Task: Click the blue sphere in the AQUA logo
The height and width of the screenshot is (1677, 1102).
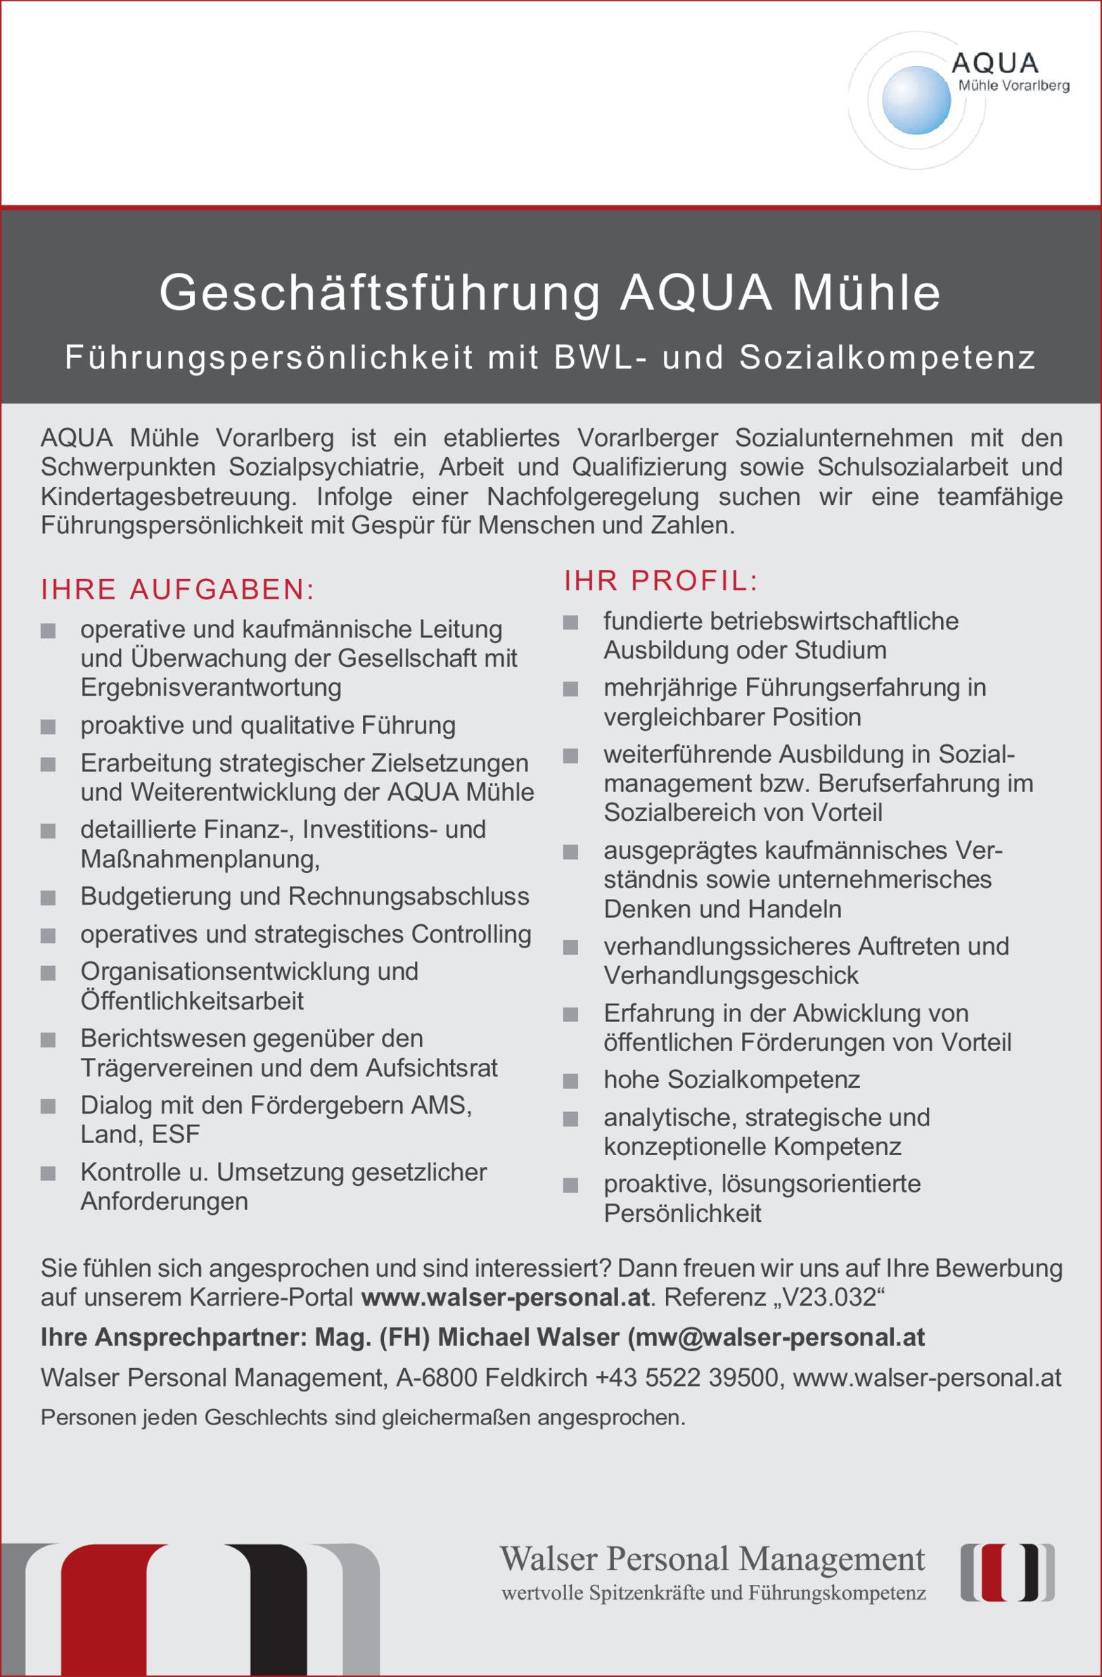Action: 915,100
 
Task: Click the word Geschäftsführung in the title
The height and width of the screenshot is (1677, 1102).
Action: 380,293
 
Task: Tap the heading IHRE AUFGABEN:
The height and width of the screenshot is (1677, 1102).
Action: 177,589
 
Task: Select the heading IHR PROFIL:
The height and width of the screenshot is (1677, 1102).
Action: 661,581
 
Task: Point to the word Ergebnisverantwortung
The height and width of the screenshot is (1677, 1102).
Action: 211,687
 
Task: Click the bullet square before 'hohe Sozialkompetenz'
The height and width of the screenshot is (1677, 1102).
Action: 571,1081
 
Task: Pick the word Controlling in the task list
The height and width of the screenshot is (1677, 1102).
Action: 471,934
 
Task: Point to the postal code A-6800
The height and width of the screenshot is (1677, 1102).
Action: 437,1377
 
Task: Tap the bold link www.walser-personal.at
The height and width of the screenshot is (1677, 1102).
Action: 504,1297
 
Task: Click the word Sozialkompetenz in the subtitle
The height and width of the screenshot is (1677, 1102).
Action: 887,358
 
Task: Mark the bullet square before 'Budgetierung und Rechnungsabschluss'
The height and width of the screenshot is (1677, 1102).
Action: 48,898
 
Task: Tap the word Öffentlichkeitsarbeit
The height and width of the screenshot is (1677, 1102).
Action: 192,1001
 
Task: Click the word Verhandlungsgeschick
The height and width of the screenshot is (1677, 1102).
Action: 731,976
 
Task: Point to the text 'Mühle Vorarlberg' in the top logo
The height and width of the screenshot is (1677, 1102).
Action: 1013,86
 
